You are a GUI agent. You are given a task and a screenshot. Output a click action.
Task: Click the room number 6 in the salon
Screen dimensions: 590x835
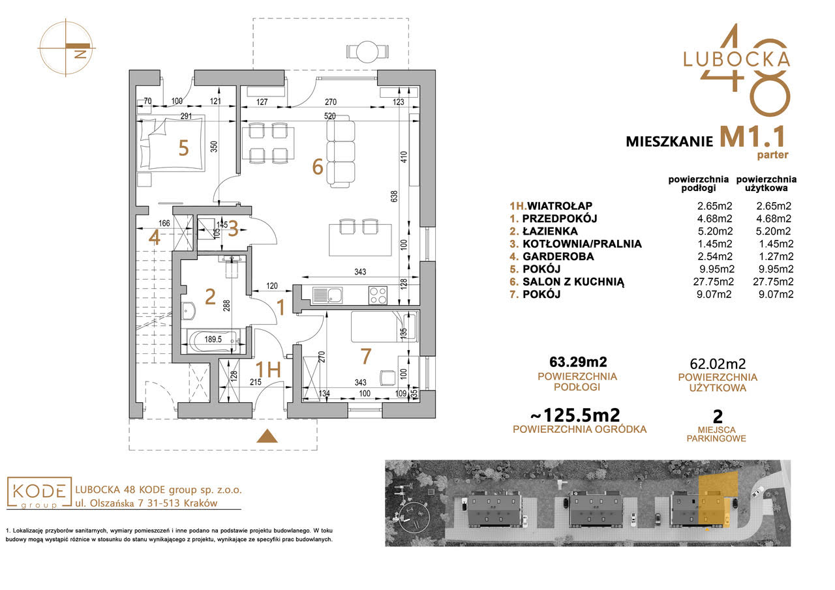pos(318,168)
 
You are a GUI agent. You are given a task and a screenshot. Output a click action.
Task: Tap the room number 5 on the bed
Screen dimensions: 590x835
pos(183,149)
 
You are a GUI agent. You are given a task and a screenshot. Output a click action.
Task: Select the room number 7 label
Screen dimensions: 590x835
pos(365,357)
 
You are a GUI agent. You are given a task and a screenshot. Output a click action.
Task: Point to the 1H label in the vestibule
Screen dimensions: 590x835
pos(268,369)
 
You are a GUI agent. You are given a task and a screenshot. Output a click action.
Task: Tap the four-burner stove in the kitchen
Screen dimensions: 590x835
pos(378,295)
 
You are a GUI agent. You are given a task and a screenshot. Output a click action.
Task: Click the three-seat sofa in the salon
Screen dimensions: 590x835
pos(341,151)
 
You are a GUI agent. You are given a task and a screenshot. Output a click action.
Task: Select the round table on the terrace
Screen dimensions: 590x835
pos(367,52)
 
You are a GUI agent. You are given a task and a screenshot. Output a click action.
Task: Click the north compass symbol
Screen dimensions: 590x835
pos(67,47)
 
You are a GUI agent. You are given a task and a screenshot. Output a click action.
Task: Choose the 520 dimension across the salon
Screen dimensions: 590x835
pos(329,116)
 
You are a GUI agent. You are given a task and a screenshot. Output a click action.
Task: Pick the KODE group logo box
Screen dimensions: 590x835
pos(38,492)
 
